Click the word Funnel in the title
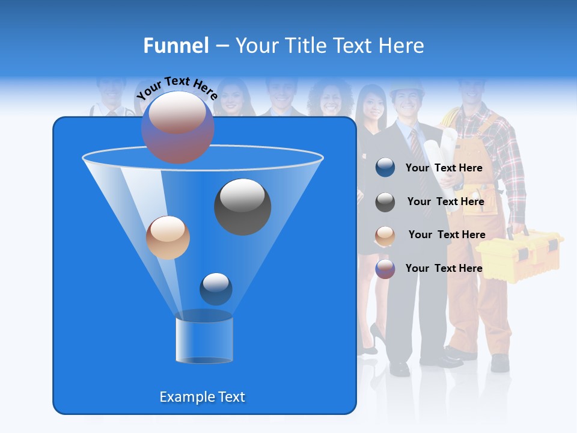click(x=176, y=46)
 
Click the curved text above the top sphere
click(x=177, y=88)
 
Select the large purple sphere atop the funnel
click(x=177, y=127)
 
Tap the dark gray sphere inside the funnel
click(x=242, y=206)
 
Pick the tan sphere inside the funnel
click(x=168, y=238)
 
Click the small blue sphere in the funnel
click(x=216, y=289)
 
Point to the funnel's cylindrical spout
click(x=204, y=340)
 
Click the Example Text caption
click(x=202, y=397)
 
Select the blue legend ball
click(x=385, y=168)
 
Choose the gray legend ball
click(x=385, y=202)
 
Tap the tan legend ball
click(x=385, y=236)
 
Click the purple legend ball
click(x=385, y=269)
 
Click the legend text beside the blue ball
click(x=444, y=168)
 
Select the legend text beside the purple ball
click(x=444, y=268)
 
